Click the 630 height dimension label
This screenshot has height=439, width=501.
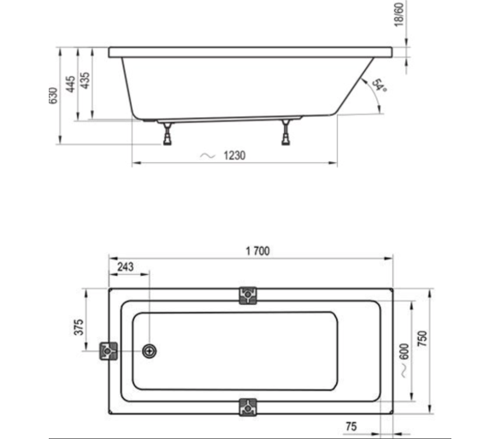tap(54, 95)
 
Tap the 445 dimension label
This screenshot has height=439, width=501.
tap(71, 84)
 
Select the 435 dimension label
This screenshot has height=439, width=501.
tap(85, 81)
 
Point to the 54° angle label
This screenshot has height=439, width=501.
tap(380, 85)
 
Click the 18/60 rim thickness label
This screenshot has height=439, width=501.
tap(399, 15)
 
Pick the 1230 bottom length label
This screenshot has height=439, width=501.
tap(234, 155)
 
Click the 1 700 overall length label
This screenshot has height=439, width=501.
tap(257, 251)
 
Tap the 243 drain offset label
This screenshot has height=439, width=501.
tap(125, 266)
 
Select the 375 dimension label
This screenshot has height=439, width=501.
tap(79, 327)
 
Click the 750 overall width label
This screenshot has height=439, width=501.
tap(422, 339)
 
